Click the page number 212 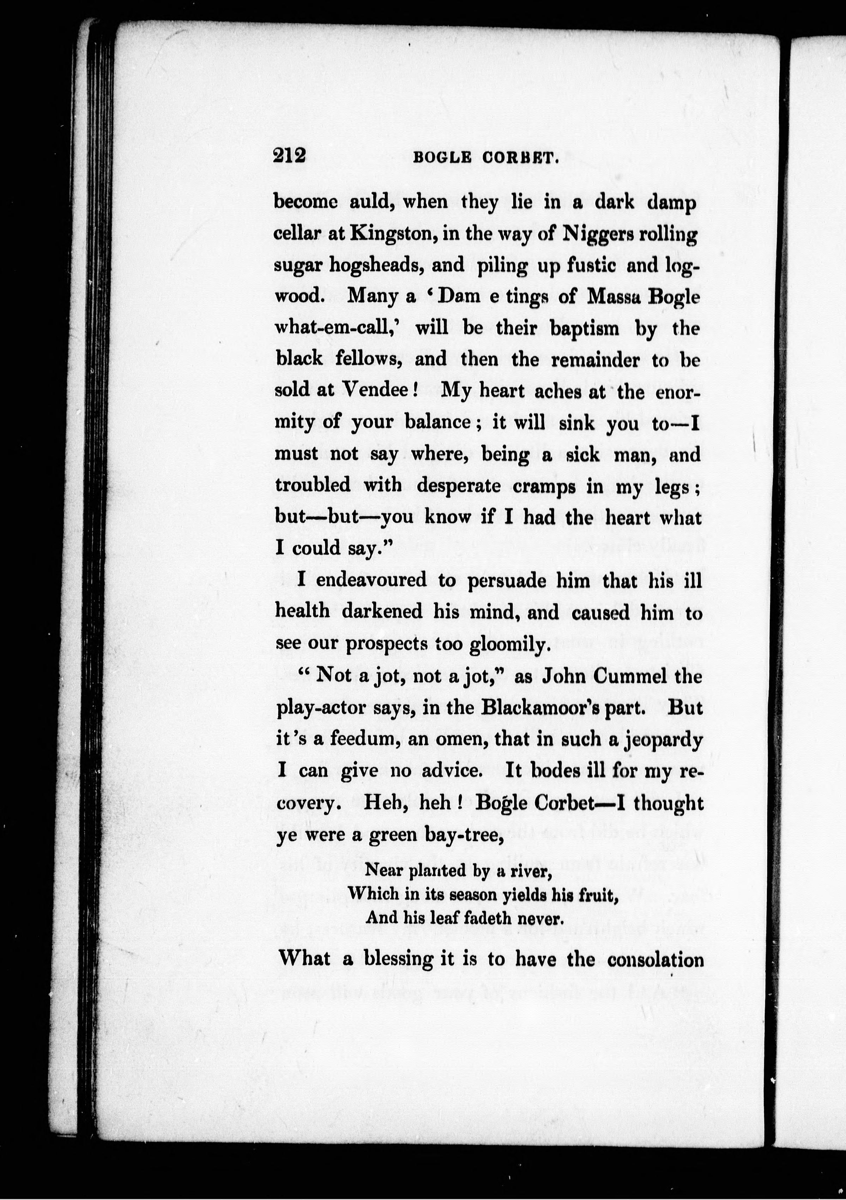coord(289,156)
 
